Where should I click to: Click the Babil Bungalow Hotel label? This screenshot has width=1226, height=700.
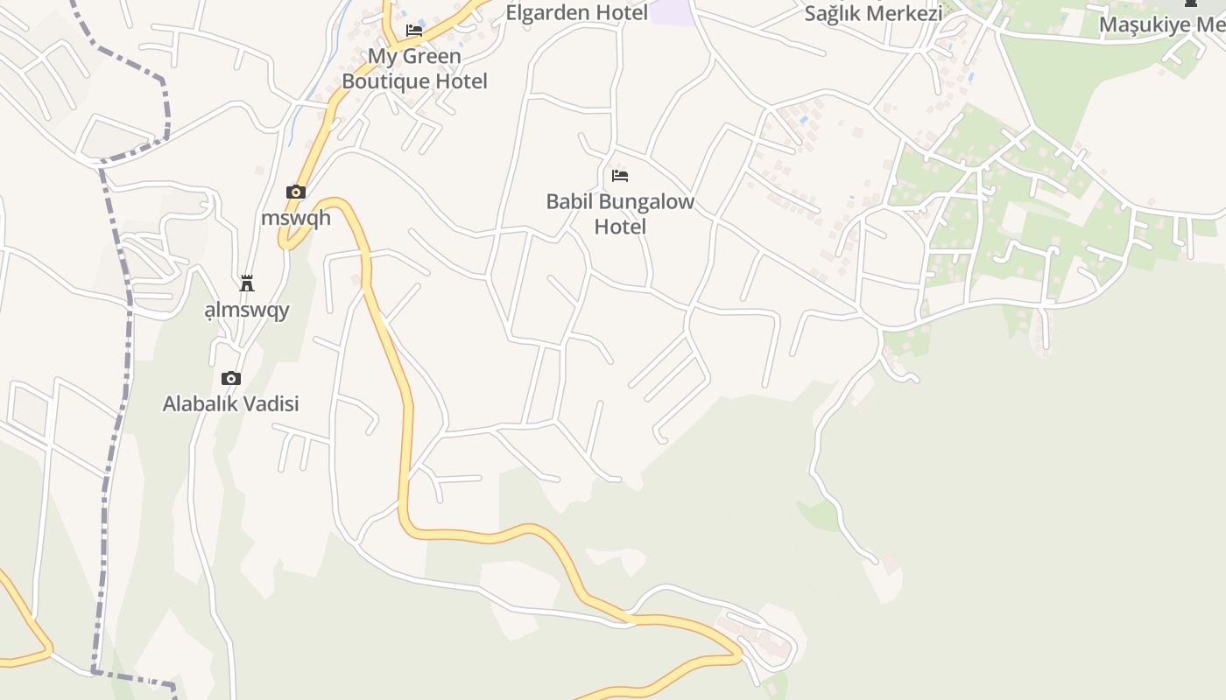[x=620, y=214]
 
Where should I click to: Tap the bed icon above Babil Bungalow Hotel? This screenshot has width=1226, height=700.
[x=620, y=176]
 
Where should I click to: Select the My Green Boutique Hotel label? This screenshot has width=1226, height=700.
[x=414, y=69]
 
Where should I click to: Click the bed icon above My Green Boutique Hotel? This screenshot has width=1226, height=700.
[x=414, y=31]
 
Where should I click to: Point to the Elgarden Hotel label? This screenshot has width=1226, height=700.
[x=577, y=12]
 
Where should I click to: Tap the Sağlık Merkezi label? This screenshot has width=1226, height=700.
[x=873, y=13]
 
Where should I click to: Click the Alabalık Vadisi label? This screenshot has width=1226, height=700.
[x=231, y=403]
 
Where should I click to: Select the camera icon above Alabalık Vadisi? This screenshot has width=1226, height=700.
[x=231, y=378]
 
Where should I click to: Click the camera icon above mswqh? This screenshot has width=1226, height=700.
[x=296, y=192]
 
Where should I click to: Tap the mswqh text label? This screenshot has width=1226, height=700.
[x=296, y=217]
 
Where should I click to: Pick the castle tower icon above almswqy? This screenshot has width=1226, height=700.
[x=247, y=283]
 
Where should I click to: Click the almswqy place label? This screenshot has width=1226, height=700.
[x=247, y=310]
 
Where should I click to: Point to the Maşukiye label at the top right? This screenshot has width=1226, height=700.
[x=1161, y=24]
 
